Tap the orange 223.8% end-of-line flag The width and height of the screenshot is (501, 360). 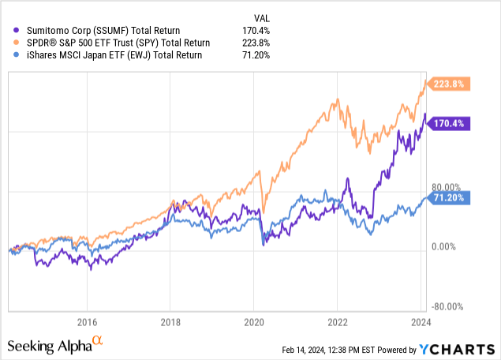click(448, 84)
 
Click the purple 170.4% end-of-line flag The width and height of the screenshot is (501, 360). click(448, 122)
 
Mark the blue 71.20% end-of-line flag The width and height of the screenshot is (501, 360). click(448, 197)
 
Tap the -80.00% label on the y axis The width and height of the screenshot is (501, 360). click(447, 307)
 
